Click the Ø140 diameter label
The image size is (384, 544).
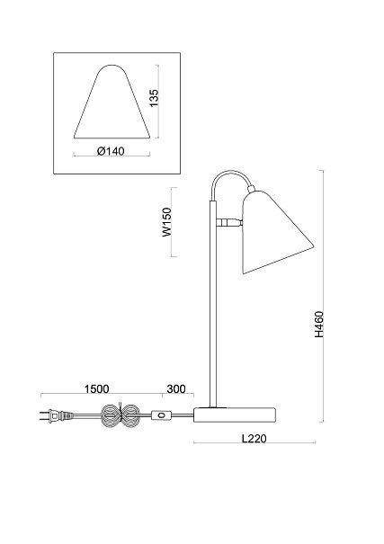[111, 151]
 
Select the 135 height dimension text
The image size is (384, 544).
[154, 98]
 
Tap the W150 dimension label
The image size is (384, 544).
[167, 222]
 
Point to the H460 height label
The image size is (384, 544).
[318, 324]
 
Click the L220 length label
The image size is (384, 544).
[255, 439]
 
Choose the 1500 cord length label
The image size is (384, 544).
[97, 389]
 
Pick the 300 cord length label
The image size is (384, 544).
[176, 389]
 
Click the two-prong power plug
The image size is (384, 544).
[56, 415]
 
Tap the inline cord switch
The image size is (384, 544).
[161, 415]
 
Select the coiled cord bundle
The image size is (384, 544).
[120, 415]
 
